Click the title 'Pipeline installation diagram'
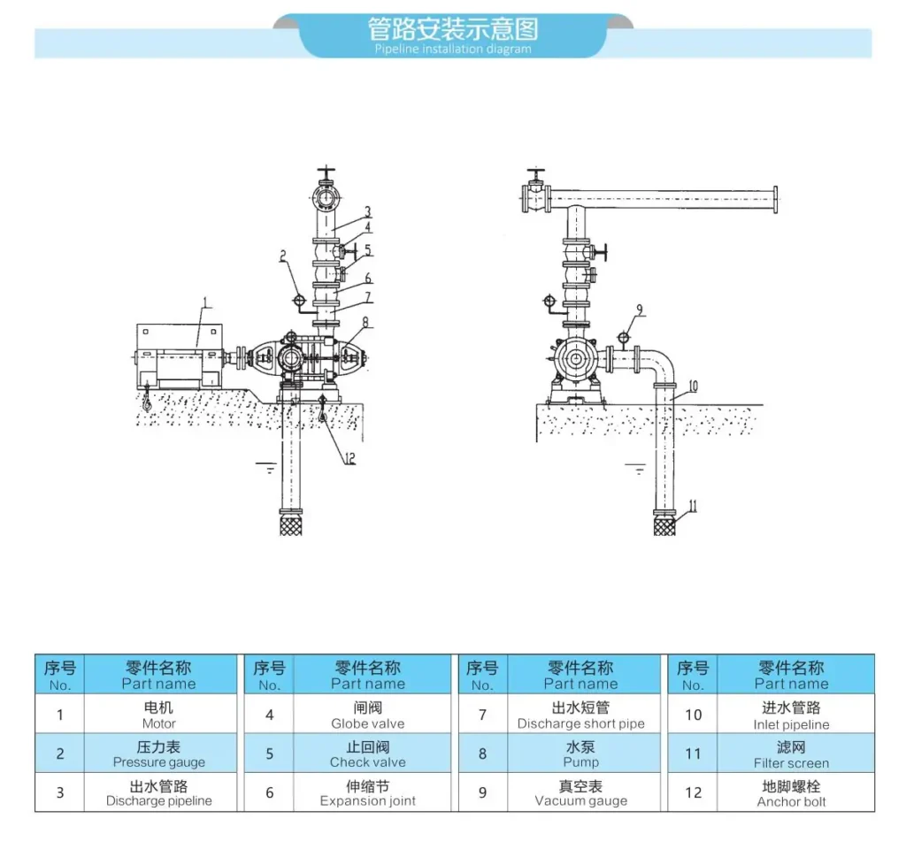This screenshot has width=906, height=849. (x=452, y=50)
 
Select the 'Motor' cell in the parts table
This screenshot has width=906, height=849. (x=159, y=714)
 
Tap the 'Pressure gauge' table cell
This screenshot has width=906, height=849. (x=159, y=753)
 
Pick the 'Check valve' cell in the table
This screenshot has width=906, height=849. (x=368, y=753)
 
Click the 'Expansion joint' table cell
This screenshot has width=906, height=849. (x=368, y=792)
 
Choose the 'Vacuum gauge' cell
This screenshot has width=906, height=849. (x=581, y=792)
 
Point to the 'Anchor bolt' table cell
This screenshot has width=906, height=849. (x=792, y=792)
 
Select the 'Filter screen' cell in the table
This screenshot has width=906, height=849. (x=792, y=753)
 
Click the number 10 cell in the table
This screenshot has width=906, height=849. (x=693, y=714)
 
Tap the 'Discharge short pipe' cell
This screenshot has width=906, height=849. (x=581, y=714)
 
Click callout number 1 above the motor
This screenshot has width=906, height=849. (x=206, y=302)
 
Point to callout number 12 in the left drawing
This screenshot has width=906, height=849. (x=349, y=459)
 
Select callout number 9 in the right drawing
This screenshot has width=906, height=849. (x=639, y=310)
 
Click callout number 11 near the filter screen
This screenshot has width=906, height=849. (x=693, y=507)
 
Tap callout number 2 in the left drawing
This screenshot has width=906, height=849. (x=283, y=256)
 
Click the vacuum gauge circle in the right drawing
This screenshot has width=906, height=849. (x=624, y=337)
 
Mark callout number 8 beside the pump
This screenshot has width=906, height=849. (x=365, y=322)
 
